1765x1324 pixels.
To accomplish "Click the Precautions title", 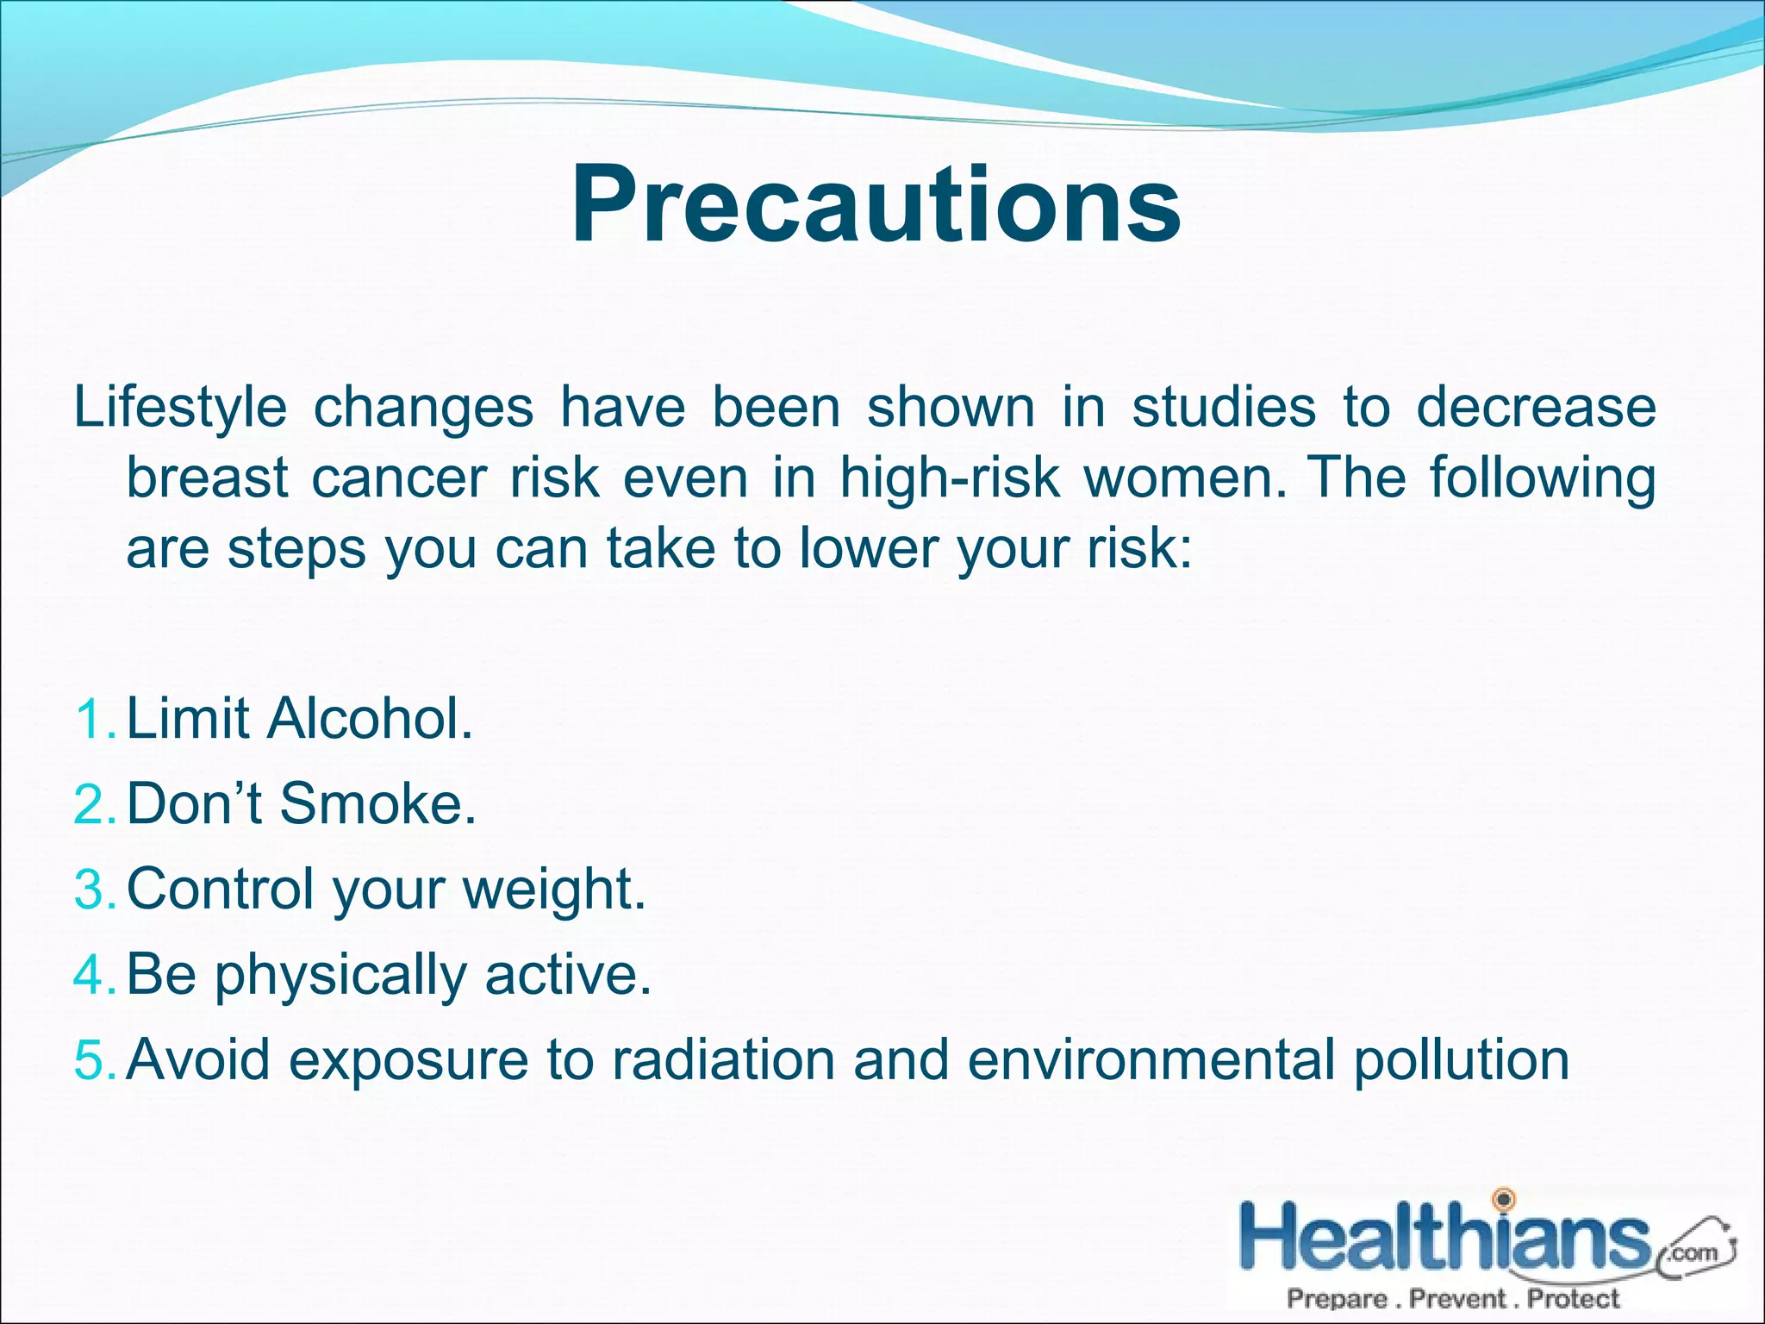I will [x=876, y=207].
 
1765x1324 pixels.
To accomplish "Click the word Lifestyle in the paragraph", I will [x=180, y=407].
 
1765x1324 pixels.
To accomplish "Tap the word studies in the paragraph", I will [x=1223, y=407].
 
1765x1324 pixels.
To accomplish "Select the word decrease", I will [x=1536, y=407].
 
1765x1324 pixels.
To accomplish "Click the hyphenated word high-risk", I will [x=950, y=478].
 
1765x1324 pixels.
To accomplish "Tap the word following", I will [x=1543, y=478].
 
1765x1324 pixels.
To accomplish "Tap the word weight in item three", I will [x=554, y=890].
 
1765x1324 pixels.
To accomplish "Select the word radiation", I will [x=723, y=1059].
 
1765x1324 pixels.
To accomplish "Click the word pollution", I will [x=1462, y=1059].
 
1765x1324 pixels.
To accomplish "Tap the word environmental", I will [x=1151, y=1059].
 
